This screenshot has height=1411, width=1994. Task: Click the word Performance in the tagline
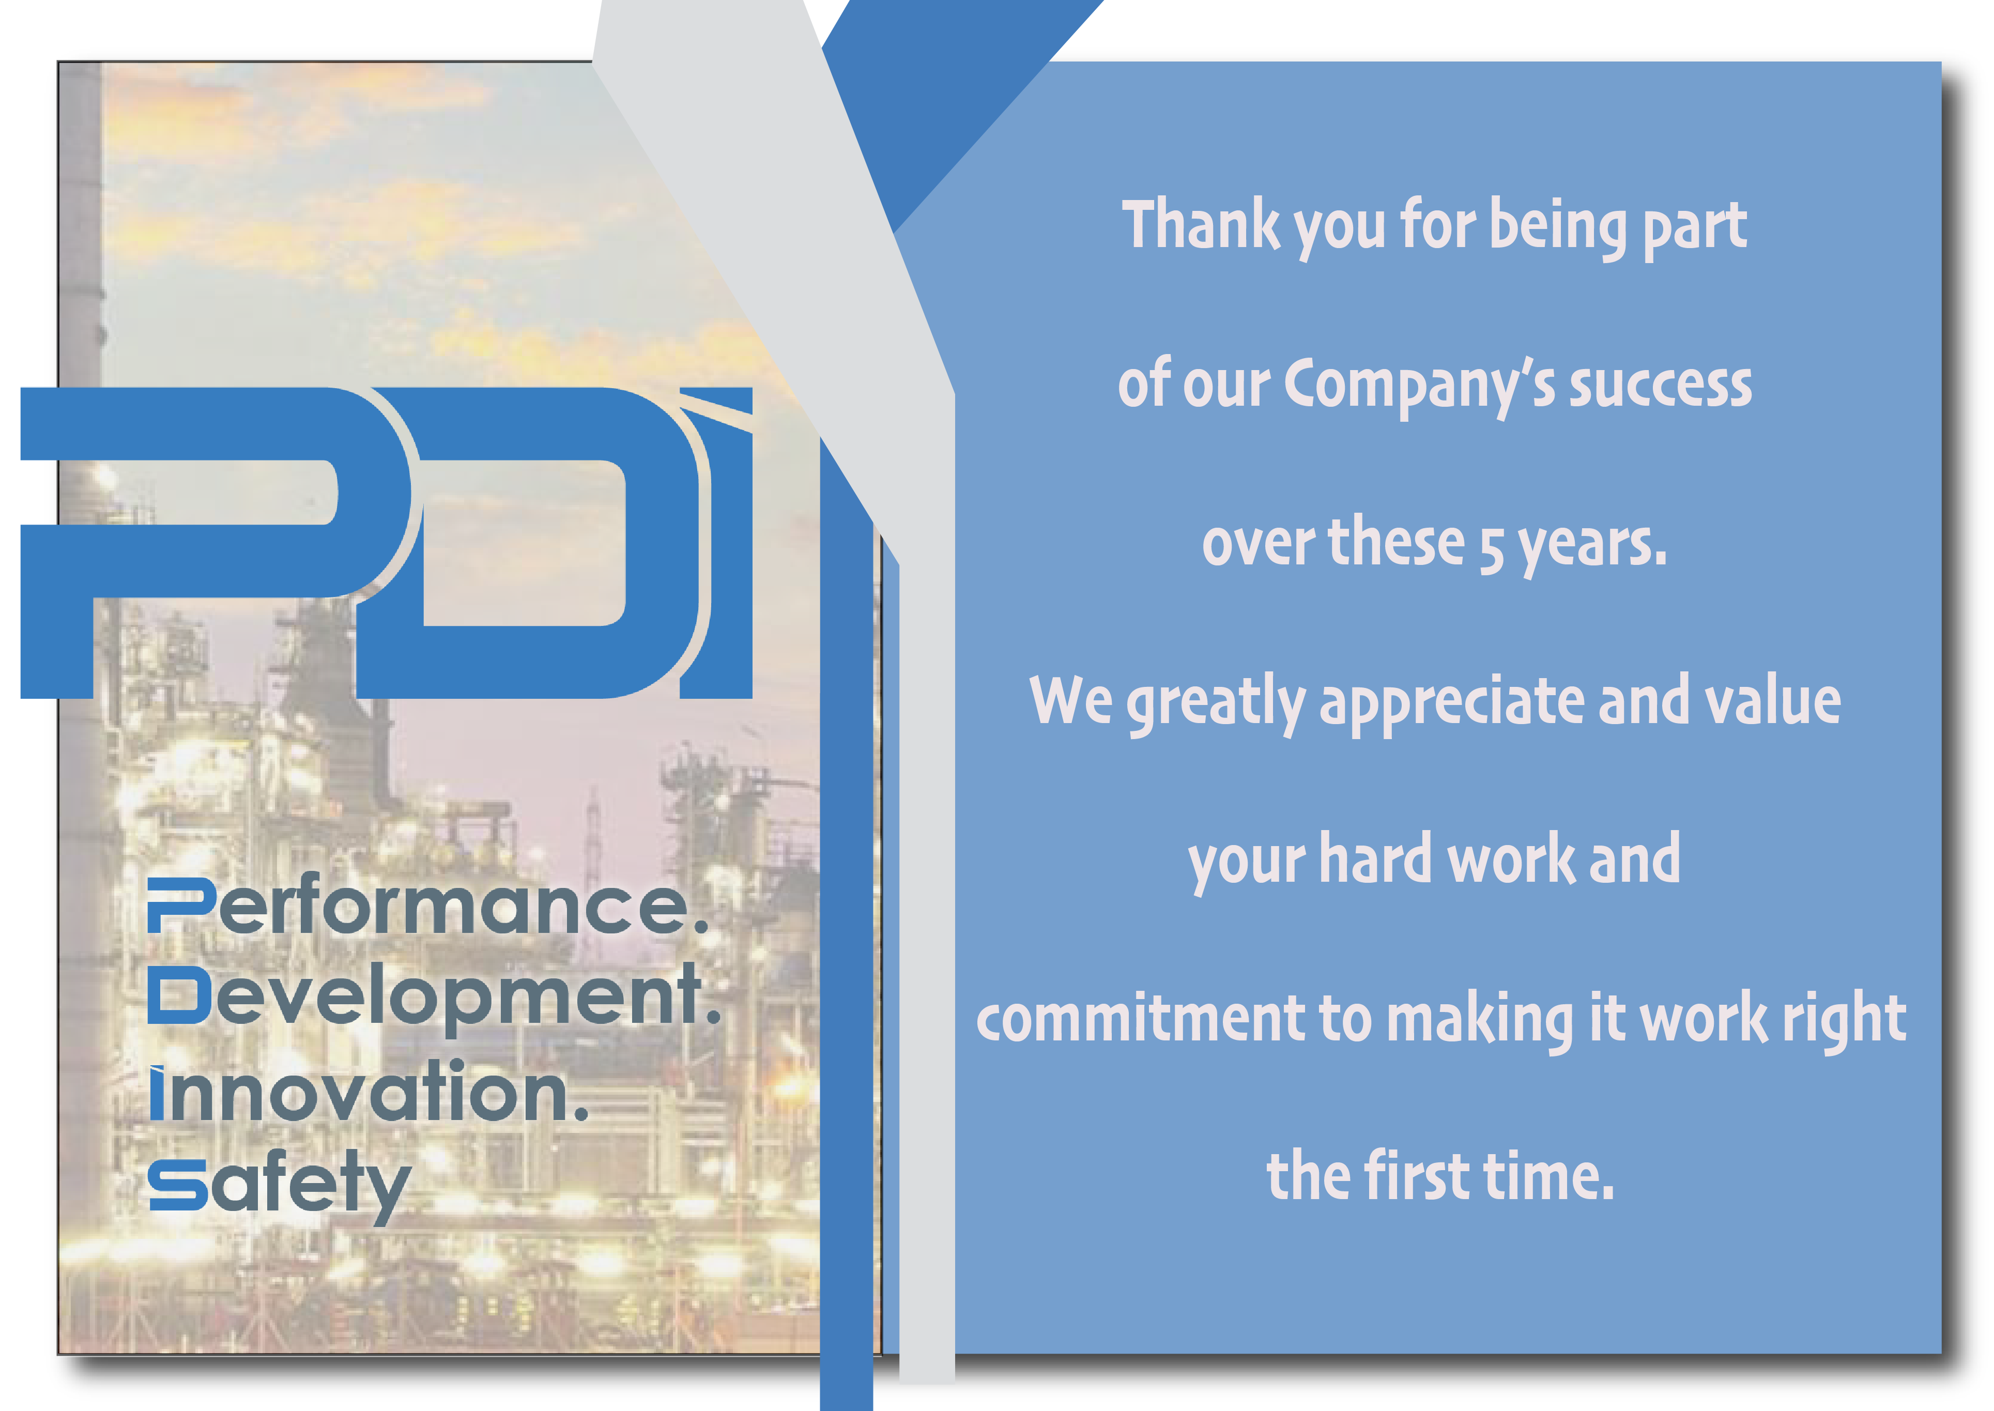[427, 906]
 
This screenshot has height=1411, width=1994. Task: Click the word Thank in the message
[1201, 224]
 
